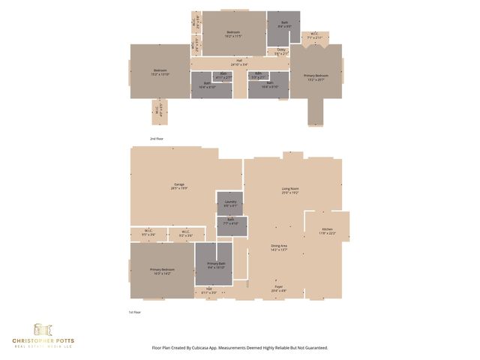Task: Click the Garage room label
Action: pyautogui.click(x=180, y=185)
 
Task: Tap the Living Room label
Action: pyautogui.click(x=290, y=190)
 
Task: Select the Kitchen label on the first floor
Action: pyautogui.click(x=327, y=230)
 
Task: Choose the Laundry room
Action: pyautogui.click(x=230, y=203)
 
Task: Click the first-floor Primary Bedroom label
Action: pyautogui.click(x=162, y=271)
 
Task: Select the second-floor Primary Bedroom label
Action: pyautogui.click(x=316, y=76)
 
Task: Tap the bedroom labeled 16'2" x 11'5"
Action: pyautogui.click(x=233, y=33)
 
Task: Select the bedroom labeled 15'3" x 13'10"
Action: pyautogui.click(x=159, y=72)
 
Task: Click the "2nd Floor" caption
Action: pyautogui.click(x=156, y=139)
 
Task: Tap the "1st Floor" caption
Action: pyautogui.click(x=156, y=311)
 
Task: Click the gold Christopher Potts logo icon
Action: pyautogui.click(x=43, y=329)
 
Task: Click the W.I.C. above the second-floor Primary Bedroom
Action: pyautogui.click(x=315, y=35)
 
